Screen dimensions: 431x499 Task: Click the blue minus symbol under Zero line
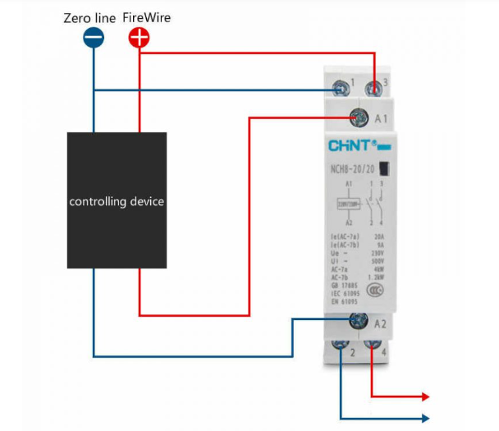(94, 38)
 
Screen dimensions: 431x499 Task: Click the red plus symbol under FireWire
(140, 38)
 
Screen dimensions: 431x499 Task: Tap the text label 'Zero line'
(90, 17)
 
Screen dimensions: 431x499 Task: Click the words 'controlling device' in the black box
(117, 201)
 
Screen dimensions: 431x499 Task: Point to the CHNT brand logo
(351, 146)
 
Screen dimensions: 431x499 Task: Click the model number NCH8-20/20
(354, 170)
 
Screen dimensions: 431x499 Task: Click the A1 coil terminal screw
(358, 118)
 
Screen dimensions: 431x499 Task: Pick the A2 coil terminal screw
(358, 322)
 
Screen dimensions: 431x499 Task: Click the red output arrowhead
(424, 397)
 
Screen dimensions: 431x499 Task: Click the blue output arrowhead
(424, 418)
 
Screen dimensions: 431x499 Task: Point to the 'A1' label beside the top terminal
(381, 119)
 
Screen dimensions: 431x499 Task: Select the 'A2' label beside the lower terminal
(381, 323)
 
